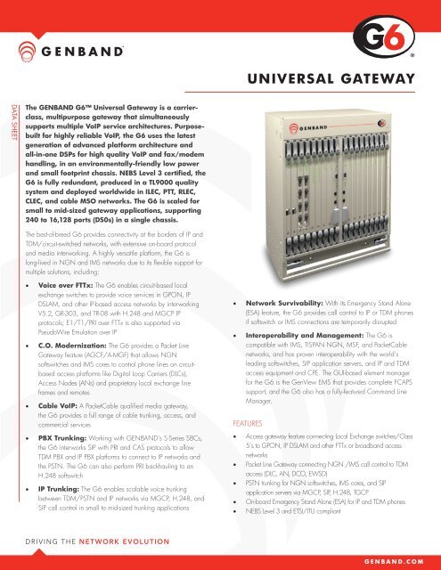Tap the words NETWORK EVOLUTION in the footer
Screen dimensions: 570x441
tap(127, 540)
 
